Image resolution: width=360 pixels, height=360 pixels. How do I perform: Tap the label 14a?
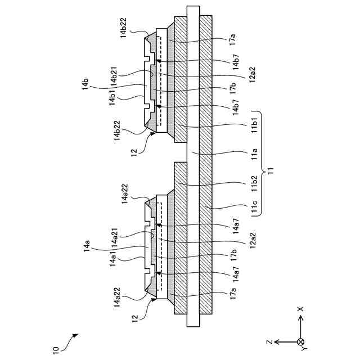pos(87,246)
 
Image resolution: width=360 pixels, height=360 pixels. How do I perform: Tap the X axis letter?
pos(301,309)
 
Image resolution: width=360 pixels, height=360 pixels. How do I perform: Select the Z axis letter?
pos(270,341)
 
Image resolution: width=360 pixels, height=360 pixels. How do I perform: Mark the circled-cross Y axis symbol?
pos(301,341)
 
